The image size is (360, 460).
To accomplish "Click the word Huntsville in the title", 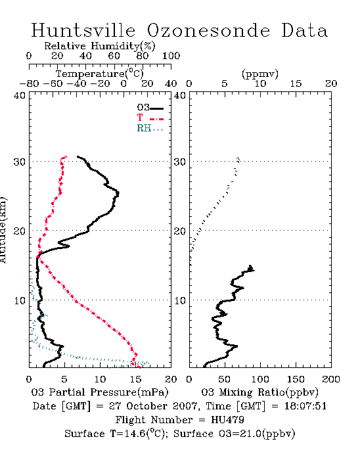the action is pos(83,30).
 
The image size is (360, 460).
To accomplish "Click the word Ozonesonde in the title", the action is pos(208,31).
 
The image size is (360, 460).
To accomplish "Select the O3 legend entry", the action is pos(150,108).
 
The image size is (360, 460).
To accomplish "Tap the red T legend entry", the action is pos(150,118).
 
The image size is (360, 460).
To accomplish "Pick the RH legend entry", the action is pos(150,128).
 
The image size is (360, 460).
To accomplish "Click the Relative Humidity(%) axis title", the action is pos(100,46).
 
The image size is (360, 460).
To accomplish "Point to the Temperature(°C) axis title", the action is pos(100,74).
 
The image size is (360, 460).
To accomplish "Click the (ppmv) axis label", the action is pos(260,74).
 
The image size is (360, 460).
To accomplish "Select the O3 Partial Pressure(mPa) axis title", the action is pos(100,392).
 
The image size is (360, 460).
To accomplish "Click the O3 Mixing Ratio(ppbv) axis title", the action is pos(259,392).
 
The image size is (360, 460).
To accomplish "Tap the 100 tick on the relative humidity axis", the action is pos(171,55).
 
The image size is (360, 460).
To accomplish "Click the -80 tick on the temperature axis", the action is pos(29,83).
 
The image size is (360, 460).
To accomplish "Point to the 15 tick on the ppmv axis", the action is pos(296,83).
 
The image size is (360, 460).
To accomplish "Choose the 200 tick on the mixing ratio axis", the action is pos(331,379).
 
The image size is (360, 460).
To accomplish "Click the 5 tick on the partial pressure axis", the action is pos(64,379).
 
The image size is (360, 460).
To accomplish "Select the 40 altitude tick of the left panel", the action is pos(20,95).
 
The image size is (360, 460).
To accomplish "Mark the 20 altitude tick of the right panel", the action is pos(180,231).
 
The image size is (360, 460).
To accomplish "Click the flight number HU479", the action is pos(227,420).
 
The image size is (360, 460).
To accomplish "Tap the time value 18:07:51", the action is pos(305,406).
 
